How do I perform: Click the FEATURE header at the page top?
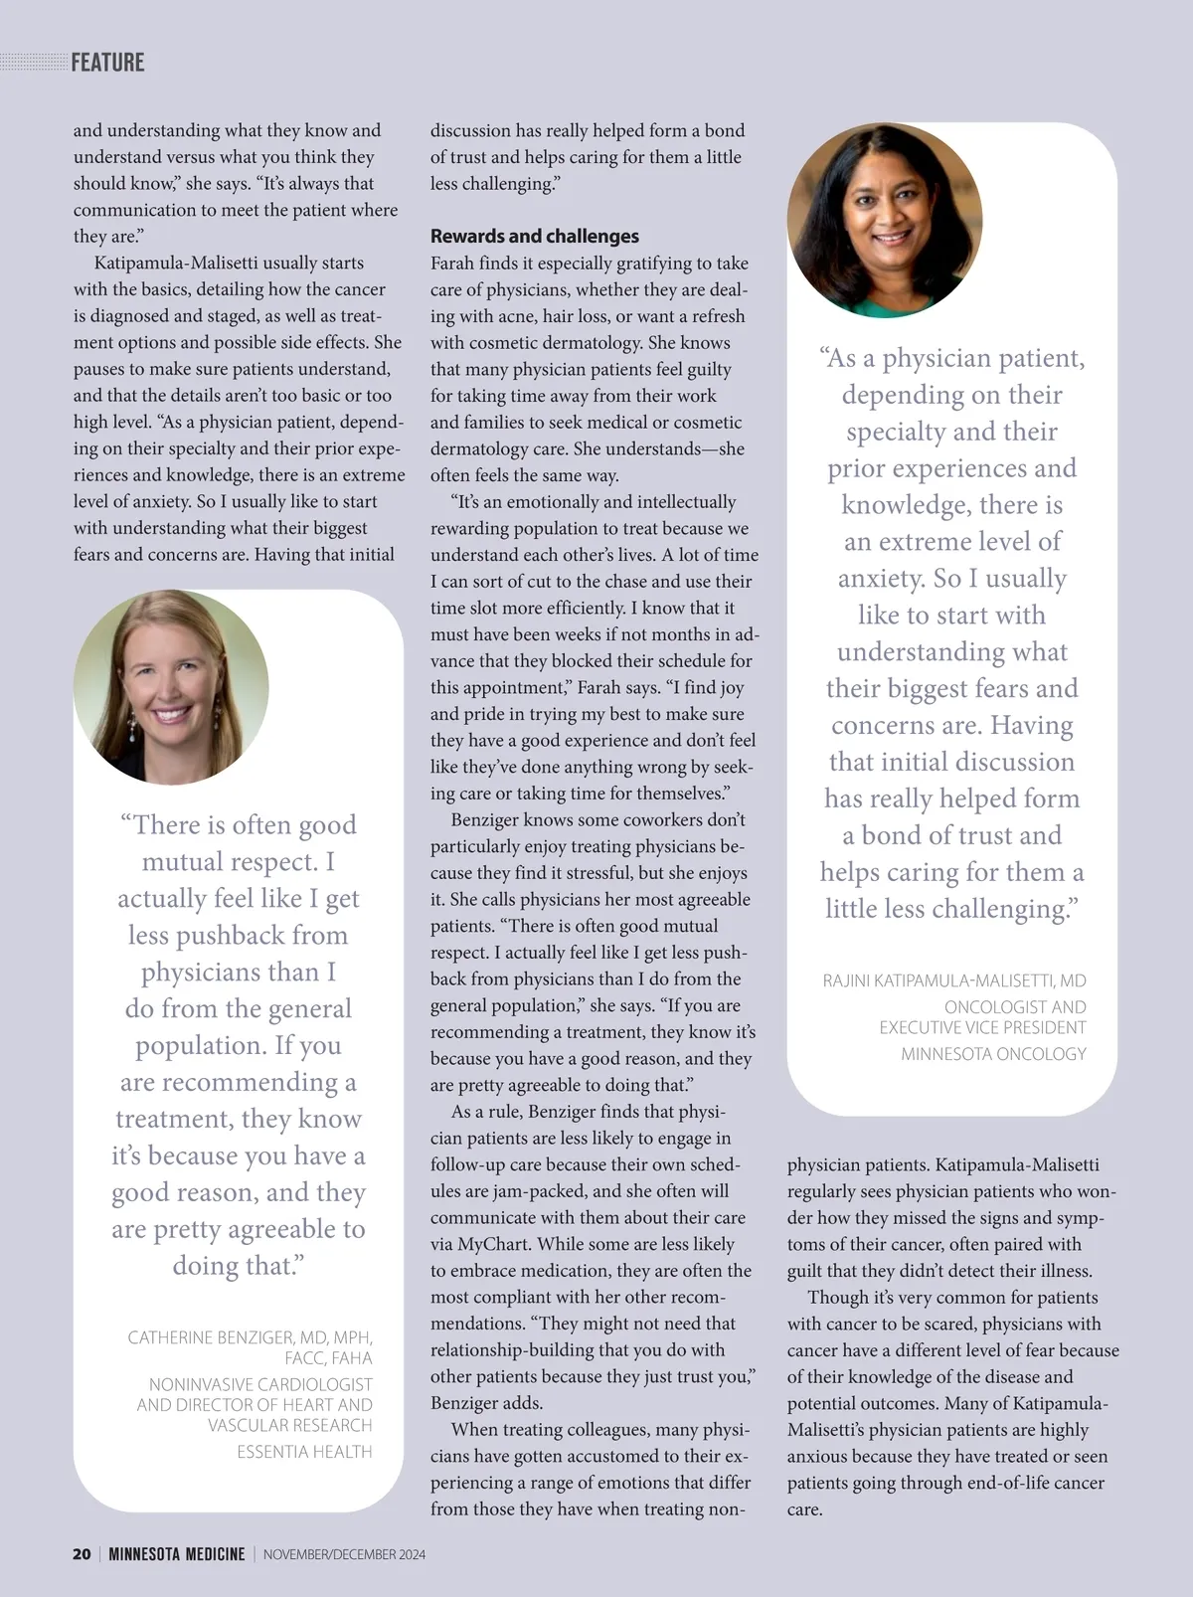[107, 63]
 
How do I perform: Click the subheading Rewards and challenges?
[534, 237]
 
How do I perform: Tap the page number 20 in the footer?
[82, 1554]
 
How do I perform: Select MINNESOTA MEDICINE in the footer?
[177, 1554]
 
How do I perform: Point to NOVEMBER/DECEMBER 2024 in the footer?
[344, 1554]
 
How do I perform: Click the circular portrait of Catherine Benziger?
[171, 687]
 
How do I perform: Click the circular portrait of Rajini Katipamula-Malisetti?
[885, 220]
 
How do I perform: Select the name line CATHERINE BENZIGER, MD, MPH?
[250, 1337]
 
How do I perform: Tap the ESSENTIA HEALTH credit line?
[304, 1452]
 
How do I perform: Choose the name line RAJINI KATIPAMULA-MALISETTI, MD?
[954, 981]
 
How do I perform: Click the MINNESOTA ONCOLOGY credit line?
[993, 1054]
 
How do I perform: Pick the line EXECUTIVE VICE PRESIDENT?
[982, 1027]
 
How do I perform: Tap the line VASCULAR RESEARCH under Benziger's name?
[289, 1425]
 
